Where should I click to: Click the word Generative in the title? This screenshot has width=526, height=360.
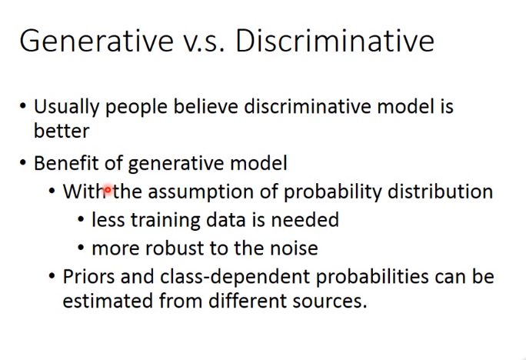pyautogui.click(x=97, y=41)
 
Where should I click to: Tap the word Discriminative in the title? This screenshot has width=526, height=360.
pyautogui.click(x=335, y=41)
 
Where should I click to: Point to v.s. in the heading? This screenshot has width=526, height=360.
pyautogui.click(x=204, y=44)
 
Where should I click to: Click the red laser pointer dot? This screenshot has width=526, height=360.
pyautogui.click(x=108, y=190)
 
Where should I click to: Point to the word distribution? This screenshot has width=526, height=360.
pyautogui.click(x=440, y=192)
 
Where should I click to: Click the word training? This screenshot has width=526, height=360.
pyautogui.click(x=165, y=221)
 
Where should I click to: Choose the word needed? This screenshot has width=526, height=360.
pyautogui.click(x=305, y=220)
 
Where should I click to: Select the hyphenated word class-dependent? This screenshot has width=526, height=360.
pyautogui.click(x=235, y=277)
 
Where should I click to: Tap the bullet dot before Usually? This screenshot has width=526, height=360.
pyautogui.click(x=23, y=106)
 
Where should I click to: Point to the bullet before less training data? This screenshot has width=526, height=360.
pyautogui.click(x=81, y=220)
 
